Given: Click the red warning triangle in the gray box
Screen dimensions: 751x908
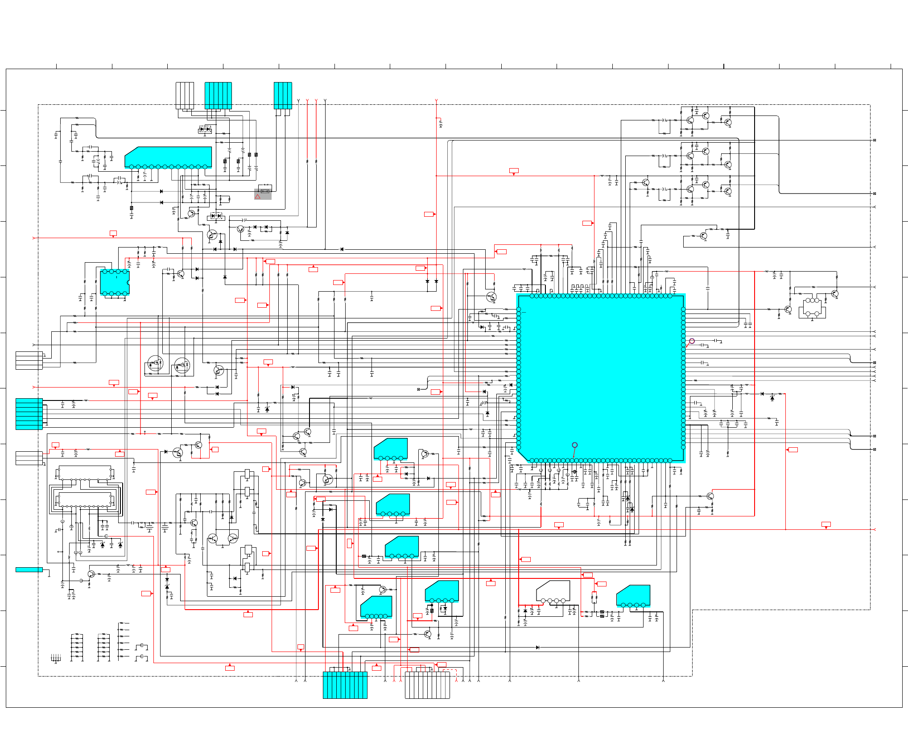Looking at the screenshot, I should [258, 197].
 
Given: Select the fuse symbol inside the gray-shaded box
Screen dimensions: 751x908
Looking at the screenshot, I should [265, 191].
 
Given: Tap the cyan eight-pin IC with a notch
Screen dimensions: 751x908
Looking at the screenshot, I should [115, 282].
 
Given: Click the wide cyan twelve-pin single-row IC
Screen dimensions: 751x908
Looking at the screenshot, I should [169, 157].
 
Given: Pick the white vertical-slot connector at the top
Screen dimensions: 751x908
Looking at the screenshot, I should [185, 95].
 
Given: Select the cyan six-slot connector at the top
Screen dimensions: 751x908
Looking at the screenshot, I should [218, 95].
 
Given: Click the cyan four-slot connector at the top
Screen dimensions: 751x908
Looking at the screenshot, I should [283, 95].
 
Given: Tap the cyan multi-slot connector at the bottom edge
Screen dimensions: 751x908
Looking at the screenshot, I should [345, 685].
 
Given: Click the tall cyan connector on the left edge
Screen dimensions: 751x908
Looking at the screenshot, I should [29, 414].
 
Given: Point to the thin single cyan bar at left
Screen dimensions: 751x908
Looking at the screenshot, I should [29, 569].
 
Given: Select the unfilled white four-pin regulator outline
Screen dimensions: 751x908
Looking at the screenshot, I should [553, 591].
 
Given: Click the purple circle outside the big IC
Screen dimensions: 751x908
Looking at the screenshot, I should [692, 341].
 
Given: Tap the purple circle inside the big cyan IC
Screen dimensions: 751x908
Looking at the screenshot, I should [575, 445].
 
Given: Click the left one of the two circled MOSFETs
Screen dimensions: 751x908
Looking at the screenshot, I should [155, 363].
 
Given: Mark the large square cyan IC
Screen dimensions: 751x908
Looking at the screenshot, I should [601, 378].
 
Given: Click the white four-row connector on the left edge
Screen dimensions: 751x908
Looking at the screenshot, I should [29, 360].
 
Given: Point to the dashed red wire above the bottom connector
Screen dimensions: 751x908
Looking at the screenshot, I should [450, 670].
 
